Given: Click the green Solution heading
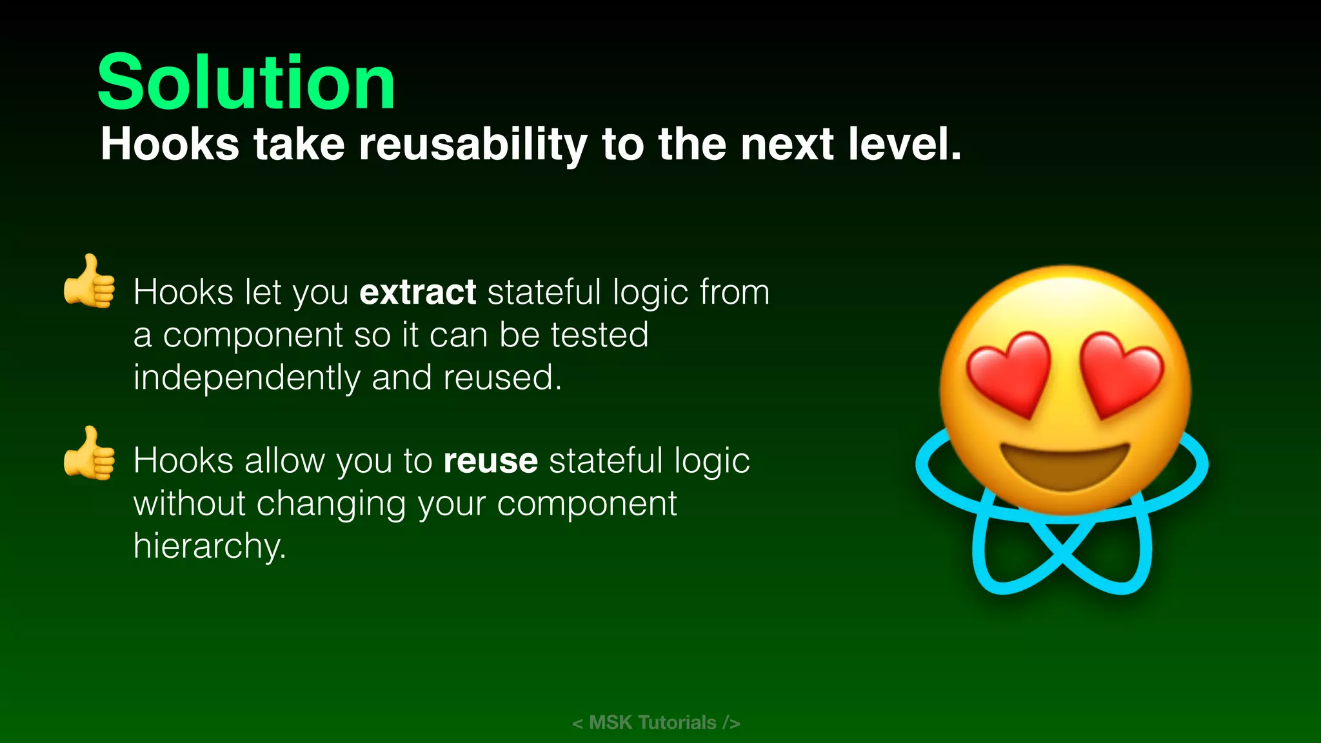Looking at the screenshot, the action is click(x=246, y=83).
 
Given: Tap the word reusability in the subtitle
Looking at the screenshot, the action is click(x=473, y=144).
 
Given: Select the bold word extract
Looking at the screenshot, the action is click(x=417, y=292).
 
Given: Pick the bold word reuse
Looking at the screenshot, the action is click(x=490, y=461).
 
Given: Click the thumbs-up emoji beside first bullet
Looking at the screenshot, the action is click(x=90, y=282).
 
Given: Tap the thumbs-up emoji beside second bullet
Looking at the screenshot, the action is click(x=90, y=453).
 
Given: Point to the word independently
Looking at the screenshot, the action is click(x=246, y=378).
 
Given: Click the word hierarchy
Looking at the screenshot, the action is click(x=209, y=546).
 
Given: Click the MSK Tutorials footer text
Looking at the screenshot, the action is click(x=656, y=722).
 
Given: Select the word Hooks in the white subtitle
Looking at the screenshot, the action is click(x=170, y=144).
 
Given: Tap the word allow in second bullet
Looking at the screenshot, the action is click(x=284, y=461).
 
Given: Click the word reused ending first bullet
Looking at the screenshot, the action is click(x=501, y=378).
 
